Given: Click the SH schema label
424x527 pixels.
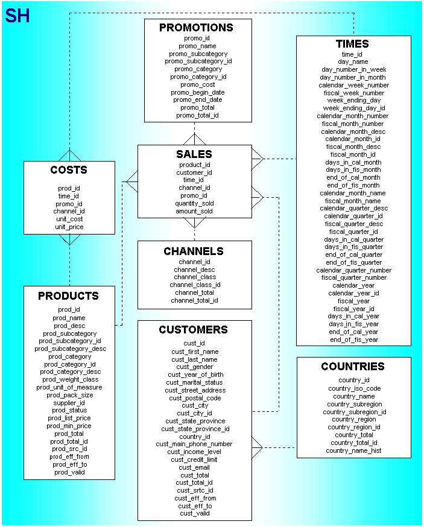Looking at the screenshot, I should pyautogui.click(x=17, y=16).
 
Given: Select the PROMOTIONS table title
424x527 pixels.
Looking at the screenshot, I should pyautogui.click(x=196, y=28).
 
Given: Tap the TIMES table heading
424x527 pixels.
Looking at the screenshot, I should pyautogui.click(x=352, y=44).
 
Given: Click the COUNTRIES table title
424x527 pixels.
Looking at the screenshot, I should pyautogui.click(x=352, y=367).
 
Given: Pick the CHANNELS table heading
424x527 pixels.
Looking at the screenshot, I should pyautogui.click(x=194, y=251).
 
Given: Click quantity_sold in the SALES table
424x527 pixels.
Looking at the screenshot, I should pyautogui.click(x=194, y=204).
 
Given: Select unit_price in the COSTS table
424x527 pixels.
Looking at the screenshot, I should pyautogui.click(x=69, y=227).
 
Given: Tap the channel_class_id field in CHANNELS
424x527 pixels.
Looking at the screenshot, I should pyautogui.click(x=194, y=285).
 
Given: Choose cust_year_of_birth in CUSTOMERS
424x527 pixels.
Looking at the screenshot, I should pyautogui.click(x=195, y=374).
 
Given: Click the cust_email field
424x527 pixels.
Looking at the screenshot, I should pyautogui.click(x=194, y=467).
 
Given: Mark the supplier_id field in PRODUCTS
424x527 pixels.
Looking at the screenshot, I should pyautogui.click(x=69, y=403).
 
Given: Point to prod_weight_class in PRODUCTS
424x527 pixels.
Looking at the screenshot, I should pyautogui.click(x=69, y=379).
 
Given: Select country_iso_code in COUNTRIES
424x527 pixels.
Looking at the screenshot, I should pyautogui.click(x=354, y=389).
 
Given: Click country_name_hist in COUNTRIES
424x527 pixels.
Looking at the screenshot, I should pyautogui.click(x=353, y=450).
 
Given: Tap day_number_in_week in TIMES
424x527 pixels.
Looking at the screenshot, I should pyautogui.click(x=353, y=69).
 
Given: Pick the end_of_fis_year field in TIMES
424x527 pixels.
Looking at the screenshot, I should pyautogui.click(x=353, y=339).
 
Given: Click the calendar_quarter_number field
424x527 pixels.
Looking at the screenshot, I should pyautogui.click(x=353, y=270).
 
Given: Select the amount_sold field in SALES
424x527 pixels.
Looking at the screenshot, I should pyautogui.click(x=194, y=212).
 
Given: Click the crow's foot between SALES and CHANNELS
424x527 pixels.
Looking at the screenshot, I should pyautogui.click(x=194, y=224).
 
